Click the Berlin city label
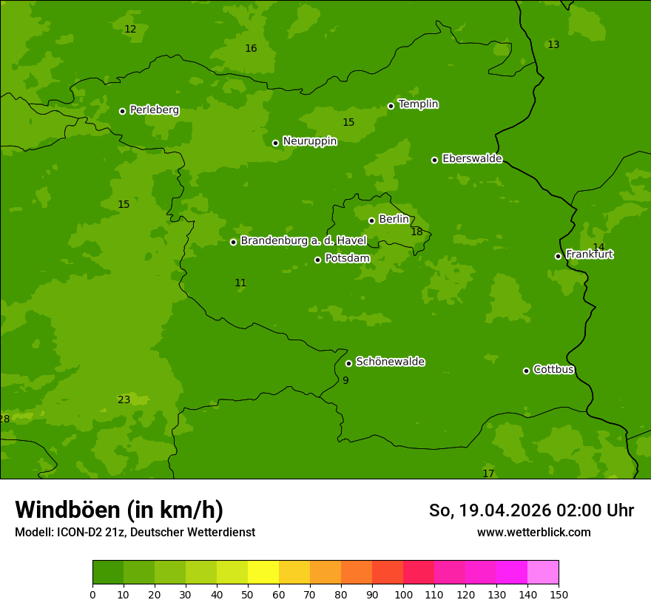(x=394, y=220)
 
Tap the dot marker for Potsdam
(x=318, y=260)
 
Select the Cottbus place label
(x=553, y=370)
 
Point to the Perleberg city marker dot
(x=123, y=111)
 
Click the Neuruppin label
(x=309, y=141)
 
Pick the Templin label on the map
(x=418, y=104)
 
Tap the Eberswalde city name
(x=472, y=159)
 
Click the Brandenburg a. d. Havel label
(x=303, y=241)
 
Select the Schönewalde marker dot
(x=349, y=363)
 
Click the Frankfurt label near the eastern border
(x=589, y=254)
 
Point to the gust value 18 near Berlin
(x=416, y=232)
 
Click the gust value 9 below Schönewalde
(x=345, y=381)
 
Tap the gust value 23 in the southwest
(x=124, y=400)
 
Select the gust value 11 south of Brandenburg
(x=240, y=283)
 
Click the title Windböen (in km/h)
(x=119, y=510)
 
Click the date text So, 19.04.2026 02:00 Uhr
(x=531, y=510)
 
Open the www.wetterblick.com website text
(x=533, y=533)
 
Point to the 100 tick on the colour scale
(x=403, y=594)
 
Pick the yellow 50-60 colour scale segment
(x=263, y=573)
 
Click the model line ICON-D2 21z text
(x=135, y=533)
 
